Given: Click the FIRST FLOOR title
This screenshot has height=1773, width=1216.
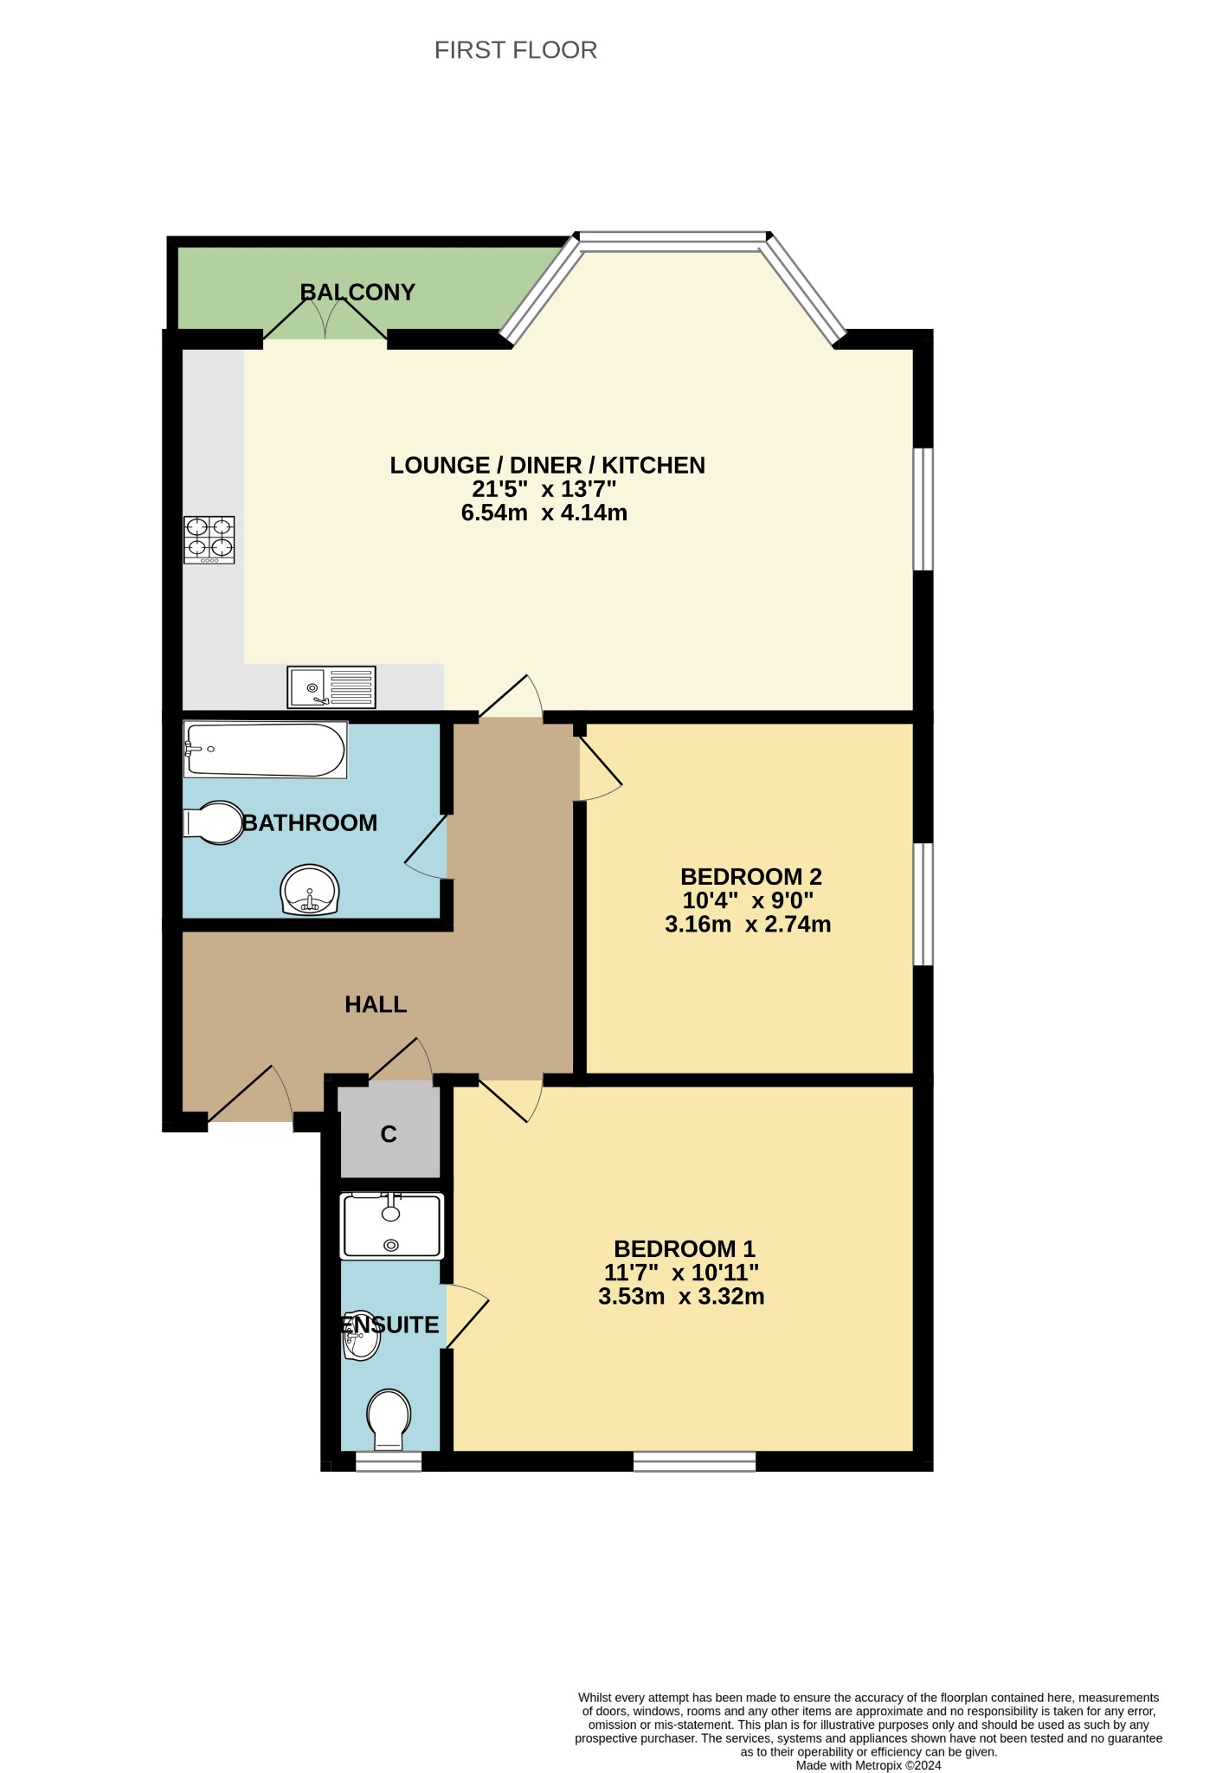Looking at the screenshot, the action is (516, 50).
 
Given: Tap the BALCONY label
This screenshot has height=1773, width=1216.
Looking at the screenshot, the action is (357, 292).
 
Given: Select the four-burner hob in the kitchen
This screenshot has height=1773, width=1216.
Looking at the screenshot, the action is (209, 540).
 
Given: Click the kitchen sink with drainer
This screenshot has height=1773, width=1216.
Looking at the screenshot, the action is (331, 687).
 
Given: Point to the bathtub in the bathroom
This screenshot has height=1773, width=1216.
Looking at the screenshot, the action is (265, 750).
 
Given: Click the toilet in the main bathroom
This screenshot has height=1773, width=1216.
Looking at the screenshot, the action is (214, 822).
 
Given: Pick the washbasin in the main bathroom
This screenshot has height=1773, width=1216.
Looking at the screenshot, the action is (310, 890).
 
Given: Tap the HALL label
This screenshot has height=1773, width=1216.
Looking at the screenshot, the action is (376, 1004).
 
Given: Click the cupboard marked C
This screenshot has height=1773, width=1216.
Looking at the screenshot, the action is (389, 1133).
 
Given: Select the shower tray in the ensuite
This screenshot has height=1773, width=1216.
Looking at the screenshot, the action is (392, 1226).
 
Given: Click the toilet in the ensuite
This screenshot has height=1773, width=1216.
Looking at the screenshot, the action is (389, 1421).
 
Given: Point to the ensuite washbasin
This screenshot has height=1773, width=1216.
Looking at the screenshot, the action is (361, 1336).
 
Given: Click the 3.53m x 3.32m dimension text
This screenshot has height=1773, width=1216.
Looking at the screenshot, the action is (681, 1297).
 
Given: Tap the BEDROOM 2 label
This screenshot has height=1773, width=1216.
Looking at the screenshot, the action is (751, 877).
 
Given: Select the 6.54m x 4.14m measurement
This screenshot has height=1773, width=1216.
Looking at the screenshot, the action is (544, 513).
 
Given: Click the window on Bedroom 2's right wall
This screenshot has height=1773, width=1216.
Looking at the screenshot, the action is (923, 904).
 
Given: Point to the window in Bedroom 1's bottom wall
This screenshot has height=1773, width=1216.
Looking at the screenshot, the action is (694, 1461).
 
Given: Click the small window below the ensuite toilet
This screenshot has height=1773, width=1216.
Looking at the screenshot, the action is (389, 1461).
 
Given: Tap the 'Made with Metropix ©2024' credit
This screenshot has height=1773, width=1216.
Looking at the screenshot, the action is (869, 1765).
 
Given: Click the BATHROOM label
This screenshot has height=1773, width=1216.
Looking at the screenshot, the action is (310, 822).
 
